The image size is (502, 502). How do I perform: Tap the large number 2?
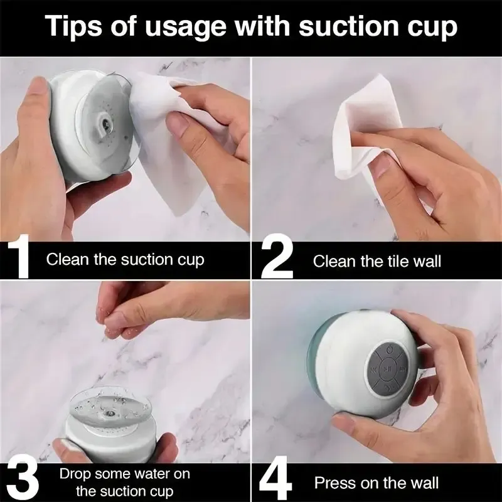click(277, 259)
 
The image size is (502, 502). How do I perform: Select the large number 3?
click(23, 481)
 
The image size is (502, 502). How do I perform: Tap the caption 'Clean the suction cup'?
click(125, 259)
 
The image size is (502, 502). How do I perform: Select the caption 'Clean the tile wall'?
click(376, 261)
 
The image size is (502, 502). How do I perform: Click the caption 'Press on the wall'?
click(376, 483)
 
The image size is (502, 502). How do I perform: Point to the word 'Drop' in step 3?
click(75, 474)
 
